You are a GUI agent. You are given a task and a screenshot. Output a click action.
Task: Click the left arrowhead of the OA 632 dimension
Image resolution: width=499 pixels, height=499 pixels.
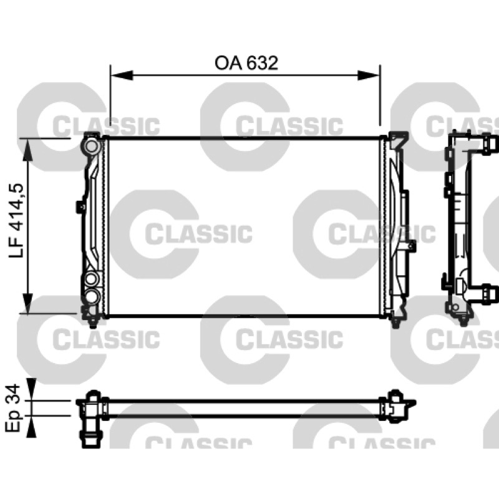click(x=122, y=75)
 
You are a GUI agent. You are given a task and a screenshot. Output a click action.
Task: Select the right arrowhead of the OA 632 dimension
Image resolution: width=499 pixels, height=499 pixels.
click(x=369, y=75)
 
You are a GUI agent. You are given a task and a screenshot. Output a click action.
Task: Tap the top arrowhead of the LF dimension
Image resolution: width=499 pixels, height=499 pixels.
click(x=28, y=150)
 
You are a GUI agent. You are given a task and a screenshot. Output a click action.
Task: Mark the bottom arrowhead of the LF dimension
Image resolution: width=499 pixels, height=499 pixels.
click(x=28, y=303)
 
